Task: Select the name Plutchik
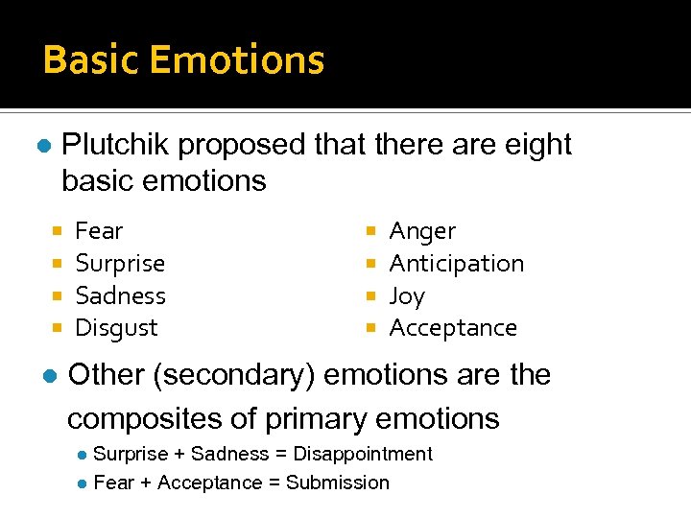coord(115,146)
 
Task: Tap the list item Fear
coord(99,231)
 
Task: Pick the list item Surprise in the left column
coord(120,264)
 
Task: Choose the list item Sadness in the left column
coord(120,295)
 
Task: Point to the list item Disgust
coord(116,328)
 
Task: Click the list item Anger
coord(422,231)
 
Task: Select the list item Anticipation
coord(457,264)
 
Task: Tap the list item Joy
coord(407,296)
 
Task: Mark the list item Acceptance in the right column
coord(453,328)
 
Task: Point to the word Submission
coord(338,483)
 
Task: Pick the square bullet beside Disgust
coord(59,328)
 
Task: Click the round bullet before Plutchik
coord(43,146)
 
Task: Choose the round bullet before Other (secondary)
coord(51,375)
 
